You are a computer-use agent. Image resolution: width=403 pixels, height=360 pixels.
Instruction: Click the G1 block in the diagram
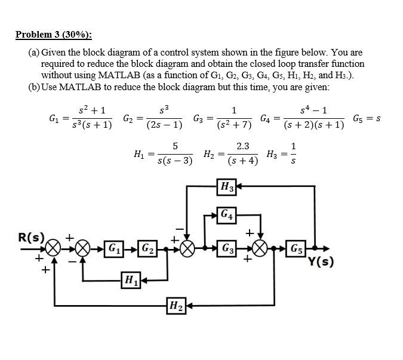pos(112,248)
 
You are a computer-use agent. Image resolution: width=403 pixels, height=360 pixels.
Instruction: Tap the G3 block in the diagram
pos(227,248)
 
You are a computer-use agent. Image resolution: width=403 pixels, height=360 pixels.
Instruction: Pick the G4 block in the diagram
pos(227,214)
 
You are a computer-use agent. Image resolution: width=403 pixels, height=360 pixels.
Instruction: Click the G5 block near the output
pos(296,248)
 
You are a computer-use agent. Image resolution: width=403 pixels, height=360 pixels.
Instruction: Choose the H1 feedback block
pos(130,279)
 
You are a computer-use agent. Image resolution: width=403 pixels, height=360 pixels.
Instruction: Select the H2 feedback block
pos(176,306)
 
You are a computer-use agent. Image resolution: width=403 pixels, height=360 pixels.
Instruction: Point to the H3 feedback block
pos(227,187)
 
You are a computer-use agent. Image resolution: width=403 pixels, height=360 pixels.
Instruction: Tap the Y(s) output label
pos(321,261)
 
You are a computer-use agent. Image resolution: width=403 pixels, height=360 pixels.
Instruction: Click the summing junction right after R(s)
pos(54,248)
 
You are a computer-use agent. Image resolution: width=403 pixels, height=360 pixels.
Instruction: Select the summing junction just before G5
pos(261,248)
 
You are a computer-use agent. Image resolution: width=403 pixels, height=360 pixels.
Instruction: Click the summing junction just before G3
pos(187,248)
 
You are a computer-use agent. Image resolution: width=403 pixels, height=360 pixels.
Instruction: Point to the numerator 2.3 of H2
pos(243,145)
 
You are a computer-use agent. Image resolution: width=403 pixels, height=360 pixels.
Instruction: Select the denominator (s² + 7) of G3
pos(234,125)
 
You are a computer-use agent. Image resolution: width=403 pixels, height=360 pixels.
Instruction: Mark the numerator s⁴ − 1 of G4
pos(314,110)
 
